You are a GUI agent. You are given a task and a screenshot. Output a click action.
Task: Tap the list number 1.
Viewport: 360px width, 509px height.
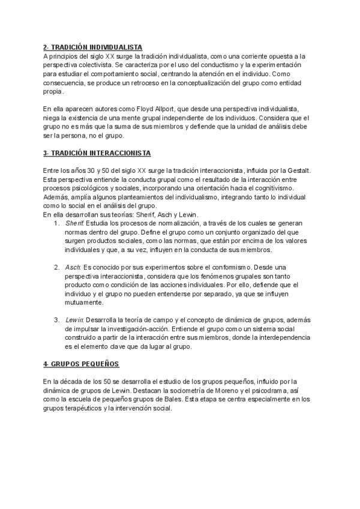point(56,223)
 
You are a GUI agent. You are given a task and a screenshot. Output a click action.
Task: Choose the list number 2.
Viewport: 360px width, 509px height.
point(56,267)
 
